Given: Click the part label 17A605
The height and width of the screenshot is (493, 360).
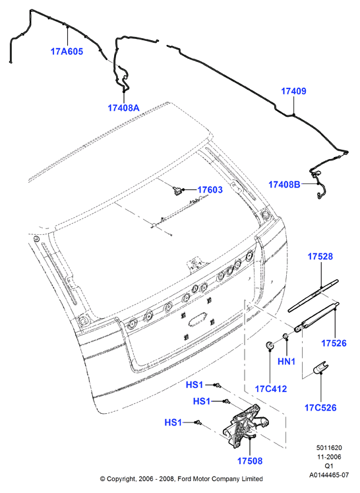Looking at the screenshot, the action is [67, 51].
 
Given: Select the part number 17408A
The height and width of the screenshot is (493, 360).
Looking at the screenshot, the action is [123, 108].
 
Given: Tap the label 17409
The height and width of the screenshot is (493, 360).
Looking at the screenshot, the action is [293, 91].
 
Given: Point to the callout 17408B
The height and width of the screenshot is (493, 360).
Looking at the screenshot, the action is [284, 185].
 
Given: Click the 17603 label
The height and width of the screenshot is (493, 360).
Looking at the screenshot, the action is [210, 189].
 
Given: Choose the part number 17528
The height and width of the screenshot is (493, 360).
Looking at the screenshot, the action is [320, 256].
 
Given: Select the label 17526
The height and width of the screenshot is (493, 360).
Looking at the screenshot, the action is [334, 343].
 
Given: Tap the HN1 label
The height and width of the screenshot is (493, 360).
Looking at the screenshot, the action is [287, 362].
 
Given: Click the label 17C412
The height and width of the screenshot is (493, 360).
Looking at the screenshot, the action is [271, 389].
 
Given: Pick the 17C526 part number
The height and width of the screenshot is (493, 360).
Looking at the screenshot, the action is [320, 408].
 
